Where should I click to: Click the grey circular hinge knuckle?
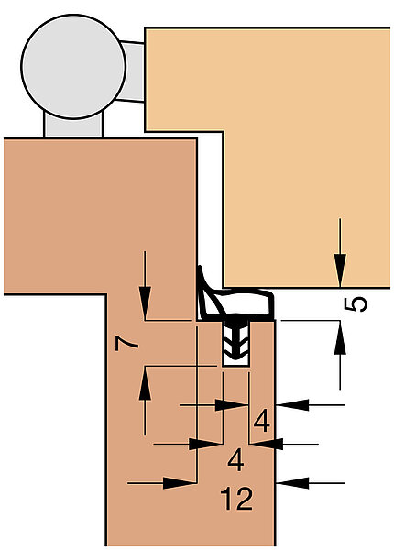pos(73,67)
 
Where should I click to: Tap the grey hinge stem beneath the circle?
pos(73,126)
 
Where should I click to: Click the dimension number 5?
pos(356,304)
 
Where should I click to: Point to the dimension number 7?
pos(126,343)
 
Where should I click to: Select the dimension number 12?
pos(236,498)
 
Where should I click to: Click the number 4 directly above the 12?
pos(235,460)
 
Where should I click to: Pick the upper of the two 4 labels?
pos(261,421)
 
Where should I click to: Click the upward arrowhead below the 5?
pos(340,337)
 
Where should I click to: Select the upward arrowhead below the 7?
pos(145,383)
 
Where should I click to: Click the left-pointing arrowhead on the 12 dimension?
pos(292,483)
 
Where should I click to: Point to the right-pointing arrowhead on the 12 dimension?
pos(180,483)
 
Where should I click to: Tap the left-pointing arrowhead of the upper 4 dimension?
pos(292,405)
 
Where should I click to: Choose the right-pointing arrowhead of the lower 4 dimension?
pos(205,444)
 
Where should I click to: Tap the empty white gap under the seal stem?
pos(236,361)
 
